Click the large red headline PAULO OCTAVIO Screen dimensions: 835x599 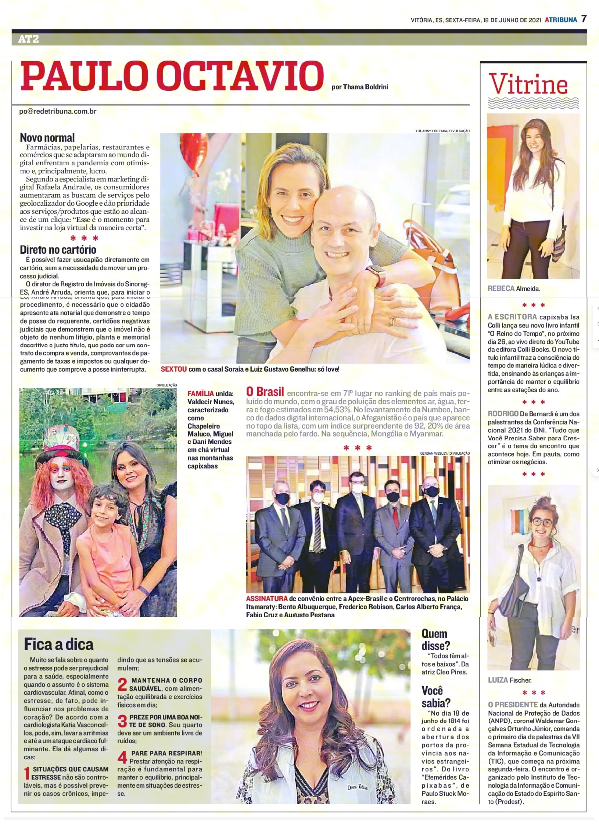point(172,77)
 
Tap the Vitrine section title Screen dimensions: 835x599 point(528,85)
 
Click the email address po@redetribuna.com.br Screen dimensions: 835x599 point(58,111)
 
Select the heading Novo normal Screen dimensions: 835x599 point(47,138)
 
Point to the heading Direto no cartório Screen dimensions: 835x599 point(58,250)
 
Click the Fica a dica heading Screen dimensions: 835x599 point(58,644)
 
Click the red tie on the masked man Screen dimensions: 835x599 point(395,517)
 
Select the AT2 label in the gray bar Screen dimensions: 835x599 point(29,39)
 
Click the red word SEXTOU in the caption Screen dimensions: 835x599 point(173,369)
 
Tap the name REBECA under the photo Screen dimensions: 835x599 point(501,289)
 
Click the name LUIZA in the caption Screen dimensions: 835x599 point(498,680)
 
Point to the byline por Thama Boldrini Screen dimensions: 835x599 point(360,87)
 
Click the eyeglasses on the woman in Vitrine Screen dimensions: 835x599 point(541,522)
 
